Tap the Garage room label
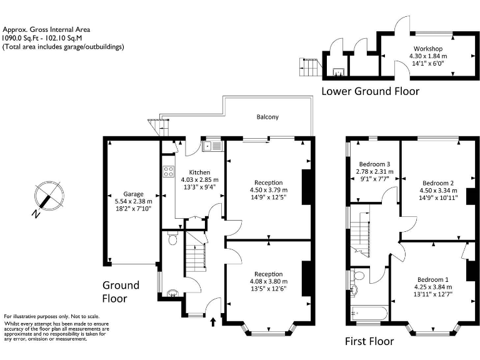133,194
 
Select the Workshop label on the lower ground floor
428,48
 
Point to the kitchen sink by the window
212,146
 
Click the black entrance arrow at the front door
213,322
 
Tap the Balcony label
267,117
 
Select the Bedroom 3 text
375,164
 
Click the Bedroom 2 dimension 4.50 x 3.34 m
438,191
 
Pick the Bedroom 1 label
433,279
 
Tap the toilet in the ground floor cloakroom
172,238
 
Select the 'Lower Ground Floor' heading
370,91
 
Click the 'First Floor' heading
369,341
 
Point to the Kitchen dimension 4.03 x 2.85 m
199,180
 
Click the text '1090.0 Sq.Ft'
21,38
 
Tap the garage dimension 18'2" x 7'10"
133,209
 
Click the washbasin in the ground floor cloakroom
173,293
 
